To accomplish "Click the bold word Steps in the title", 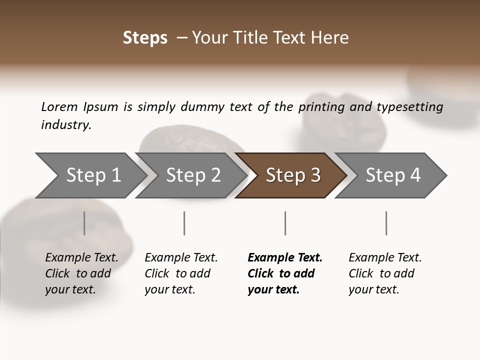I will click(145, 38).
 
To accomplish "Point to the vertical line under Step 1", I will click(84, 223).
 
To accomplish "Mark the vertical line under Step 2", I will click(184, 223).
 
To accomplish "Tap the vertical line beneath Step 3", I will click(285, 223).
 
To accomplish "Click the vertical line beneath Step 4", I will click(386, 223).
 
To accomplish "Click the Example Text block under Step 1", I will click(81, 273).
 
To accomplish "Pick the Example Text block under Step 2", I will click(181, 273).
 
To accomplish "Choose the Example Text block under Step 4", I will click(385, 273).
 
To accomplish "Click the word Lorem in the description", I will click(59, 107).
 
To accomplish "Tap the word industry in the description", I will click(66, 125).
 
